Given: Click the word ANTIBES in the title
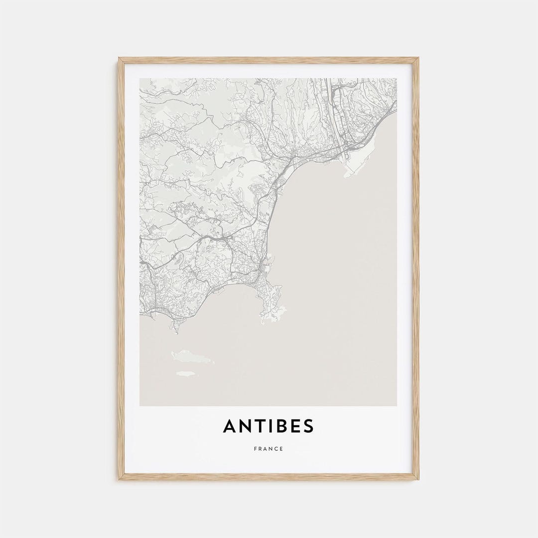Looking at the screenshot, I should click(x=269, y=426).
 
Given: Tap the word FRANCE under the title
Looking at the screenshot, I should click(x=269, y=449).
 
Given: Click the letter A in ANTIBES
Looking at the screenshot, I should click(x=230, y=426).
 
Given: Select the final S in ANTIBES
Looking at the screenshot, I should click(x=308, y=426).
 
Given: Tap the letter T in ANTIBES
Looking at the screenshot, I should click(x=260, y=426).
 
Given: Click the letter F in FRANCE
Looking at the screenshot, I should click(x=255, y=449).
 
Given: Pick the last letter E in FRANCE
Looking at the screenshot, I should click(x=281, y=449).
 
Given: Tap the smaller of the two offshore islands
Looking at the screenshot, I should click(x=185, y=373).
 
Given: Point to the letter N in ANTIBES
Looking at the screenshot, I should click(x=246, y=426).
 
